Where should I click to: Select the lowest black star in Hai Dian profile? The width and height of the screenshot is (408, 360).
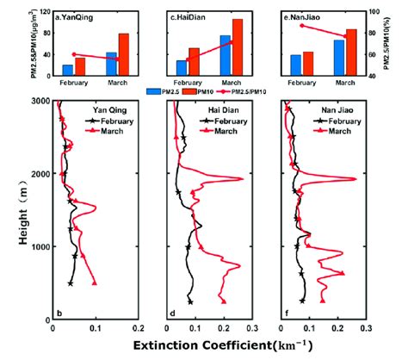[x=190, y=301]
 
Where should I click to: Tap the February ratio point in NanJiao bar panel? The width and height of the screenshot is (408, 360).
[x=301, y=26]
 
